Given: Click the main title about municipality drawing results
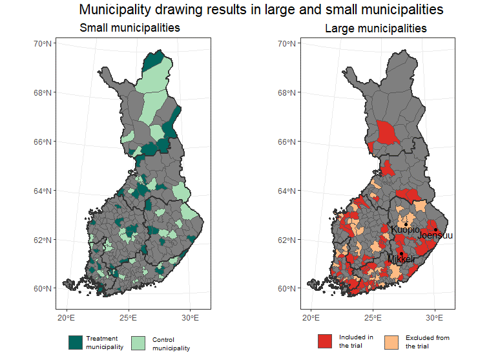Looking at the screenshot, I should pyautogui.click(x=261, y=10).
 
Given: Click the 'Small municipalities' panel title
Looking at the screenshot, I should pyautogui.click(x=129, y=28).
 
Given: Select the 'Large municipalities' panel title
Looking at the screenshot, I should pyautogui.click(x=375, y=28).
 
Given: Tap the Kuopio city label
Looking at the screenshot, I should pyautogui.click(x=405, y=229).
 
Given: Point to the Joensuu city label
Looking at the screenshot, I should pyautogui.click(x=435, y=236).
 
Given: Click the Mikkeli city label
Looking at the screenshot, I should pyautogui.click(x=400, y=259).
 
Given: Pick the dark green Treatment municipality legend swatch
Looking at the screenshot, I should pyautogui.click(x=76, y=343).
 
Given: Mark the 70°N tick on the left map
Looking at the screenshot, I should pyautogui.click(x=43, y=43).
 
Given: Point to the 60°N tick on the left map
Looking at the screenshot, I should pyautogui.click(x=43, y=288).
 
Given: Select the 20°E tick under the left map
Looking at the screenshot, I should pyautogui.click(x=66, y=318).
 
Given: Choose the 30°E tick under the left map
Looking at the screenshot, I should pyautogui.click(x=190, y=318).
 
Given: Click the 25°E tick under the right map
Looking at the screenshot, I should pyautogui.click(x=373, y=318).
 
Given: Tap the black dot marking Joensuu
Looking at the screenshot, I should pyautogui.click(x=435, y=229).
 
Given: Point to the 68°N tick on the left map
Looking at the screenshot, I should pyautogui.click(x=43, y=92).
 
